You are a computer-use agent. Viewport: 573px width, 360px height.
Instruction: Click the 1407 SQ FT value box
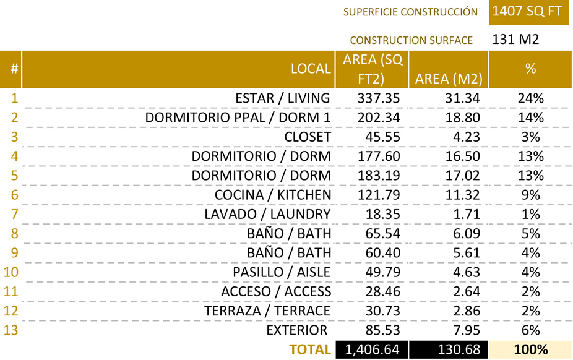coord(528,12)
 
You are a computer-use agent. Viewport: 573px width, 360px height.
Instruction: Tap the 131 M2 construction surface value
coord(515,40)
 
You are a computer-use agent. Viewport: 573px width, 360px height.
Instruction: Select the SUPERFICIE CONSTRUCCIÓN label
coord(411,12)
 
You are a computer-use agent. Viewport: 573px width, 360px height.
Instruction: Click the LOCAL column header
coord(311,69)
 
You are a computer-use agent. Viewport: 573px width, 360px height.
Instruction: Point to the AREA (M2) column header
coord(449,79)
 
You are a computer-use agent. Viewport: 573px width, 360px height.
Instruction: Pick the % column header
coord(530,69)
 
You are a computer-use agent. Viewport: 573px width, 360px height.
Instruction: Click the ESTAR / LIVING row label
coord(283,98)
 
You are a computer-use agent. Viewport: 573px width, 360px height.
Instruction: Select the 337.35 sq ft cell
coord(379,98)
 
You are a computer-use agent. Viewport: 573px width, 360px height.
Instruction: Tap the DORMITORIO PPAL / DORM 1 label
coord(238,118)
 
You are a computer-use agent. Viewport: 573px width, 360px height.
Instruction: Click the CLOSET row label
coord(308,137)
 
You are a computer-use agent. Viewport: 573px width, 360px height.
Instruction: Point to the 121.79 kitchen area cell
coord(379,195)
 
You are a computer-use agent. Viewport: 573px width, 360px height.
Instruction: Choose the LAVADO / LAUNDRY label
coord(267,214)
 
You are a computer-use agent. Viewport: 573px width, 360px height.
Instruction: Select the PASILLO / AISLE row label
coord(282,272)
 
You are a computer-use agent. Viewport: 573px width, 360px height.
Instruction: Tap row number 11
coord(11,291)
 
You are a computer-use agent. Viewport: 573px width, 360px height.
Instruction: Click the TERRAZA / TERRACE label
coord(267,311)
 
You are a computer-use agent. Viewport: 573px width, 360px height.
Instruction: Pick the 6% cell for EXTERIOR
coord(530,330)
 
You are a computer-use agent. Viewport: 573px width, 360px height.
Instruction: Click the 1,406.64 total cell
coord(372,349)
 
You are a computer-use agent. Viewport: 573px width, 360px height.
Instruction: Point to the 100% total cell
coord(530,349)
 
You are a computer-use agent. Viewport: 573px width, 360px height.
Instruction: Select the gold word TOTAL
coord(310,349)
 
